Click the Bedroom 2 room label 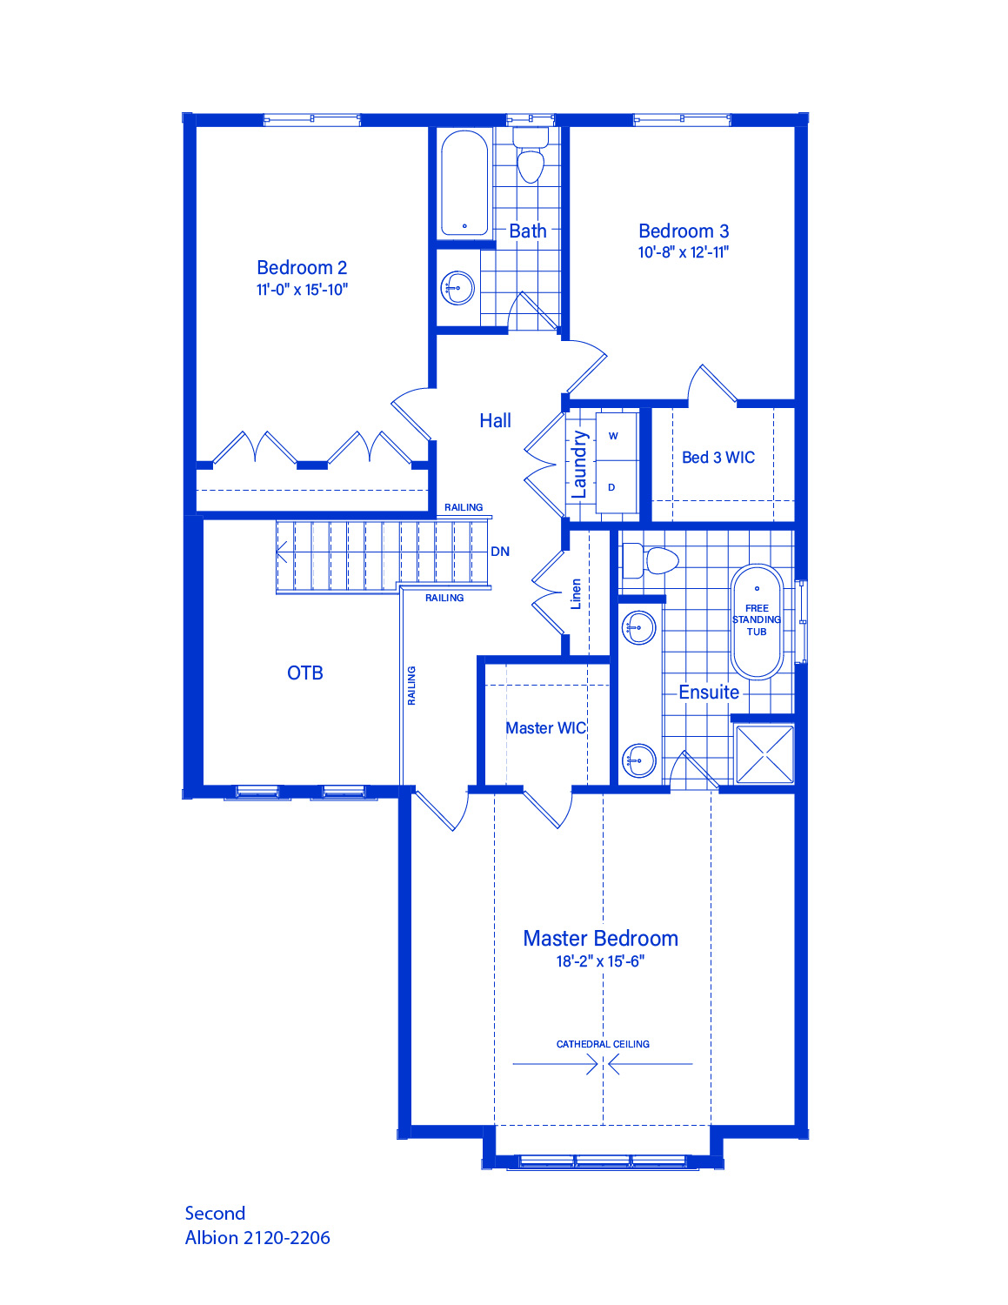click(302, 267)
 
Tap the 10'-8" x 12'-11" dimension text click(684, 252)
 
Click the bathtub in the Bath click(464, 184)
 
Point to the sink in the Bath click(457, 288)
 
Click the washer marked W click(617, 436)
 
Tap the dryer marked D click(617, 487)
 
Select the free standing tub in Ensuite click(757, 622)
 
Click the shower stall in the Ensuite click(764, 753)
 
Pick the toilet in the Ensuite click(651, 560)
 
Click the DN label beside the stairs click(500, 552)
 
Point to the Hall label click(495, 420)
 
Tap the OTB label click(305, 673)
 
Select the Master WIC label click(545, 728)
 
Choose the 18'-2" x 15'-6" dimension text click(600, 961)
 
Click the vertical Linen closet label click(576, 594)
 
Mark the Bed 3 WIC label click(718, 458)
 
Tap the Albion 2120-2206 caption click(257, 1238)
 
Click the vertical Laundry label click(578, 465)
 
